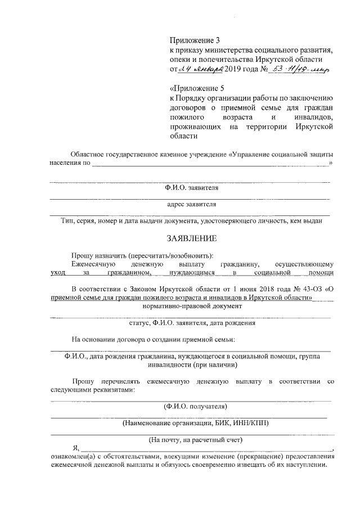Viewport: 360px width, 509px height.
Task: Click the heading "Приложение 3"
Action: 193,40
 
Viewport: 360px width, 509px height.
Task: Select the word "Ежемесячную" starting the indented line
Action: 93,263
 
